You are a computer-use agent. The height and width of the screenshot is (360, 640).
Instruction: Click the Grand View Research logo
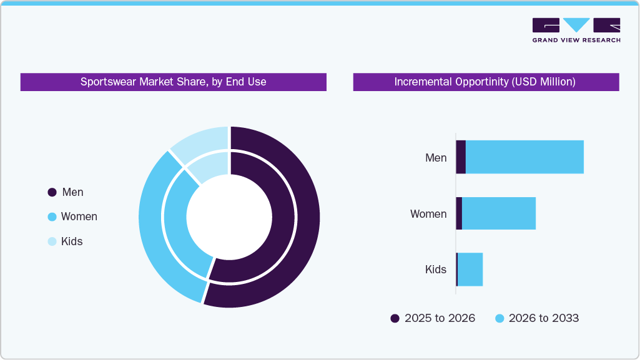point(576,29)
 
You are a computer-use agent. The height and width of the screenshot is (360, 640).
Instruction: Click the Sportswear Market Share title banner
point(173,82)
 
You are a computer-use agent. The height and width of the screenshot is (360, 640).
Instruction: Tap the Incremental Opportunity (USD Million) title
point(485,82)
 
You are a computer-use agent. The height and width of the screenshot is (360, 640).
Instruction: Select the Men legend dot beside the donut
point(52,193)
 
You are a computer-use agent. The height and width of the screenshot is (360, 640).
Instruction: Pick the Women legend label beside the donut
point(79,216)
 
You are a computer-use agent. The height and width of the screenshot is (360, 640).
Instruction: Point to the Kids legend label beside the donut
point(72,241)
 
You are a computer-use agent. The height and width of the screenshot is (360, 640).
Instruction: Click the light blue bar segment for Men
point(524,157)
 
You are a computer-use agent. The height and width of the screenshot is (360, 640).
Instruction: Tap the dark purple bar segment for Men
point(461,157)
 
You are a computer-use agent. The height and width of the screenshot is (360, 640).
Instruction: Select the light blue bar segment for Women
point(498,213)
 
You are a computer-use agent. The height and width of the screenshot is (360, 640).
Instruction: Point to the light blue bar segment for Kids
point(470,270)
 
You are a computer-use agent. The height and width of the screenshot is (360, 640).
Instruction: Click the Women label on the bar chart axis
point(428,214)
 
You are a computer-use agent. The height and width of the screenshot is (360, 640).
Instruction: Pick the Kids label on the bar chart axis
point(436,270)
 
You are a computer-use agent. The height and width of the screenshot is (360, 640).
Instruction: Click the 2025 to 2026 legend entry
point(433,318)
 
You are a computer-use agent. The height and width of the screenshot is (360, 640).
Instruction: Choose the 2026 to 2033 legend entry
point(537,318)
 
